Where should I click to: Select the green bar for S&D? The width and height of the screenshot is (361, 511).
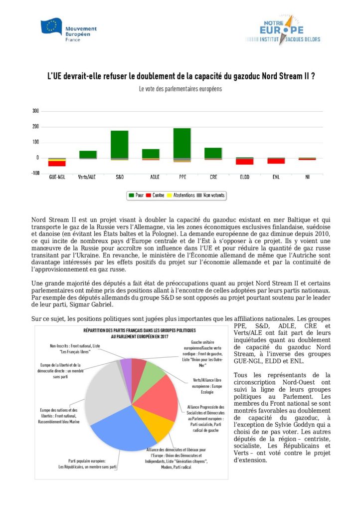[x=120, y=144]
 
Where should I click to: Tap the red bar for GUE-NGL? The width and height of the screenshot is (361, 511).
[x=57, y=163]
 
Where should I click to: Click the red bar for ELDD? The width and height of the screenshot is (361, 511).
[x=244, y=161]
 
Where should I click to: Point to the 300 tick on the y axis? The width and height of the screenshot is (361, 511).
[x=35, y=111]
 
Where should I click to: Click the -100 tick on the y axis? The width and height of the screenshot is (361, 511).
[x=34, y=173]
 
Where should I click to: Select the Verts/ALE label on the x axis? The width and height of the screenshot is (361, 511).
[x=88, y=177]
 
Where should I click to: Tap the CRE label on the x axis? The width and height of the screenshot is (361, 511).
[x=213, y=177]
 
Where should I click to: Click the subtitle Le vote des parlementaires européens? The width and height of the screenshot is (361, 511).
[x=180, y=89]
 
